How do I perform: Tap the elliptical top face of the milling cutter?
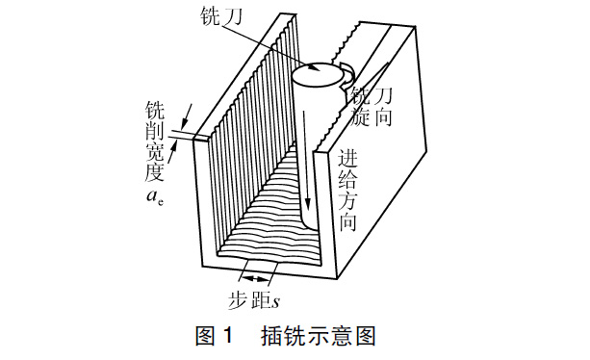[x=317, y=75]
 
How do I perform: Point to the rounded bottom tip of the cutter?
[x=305, y=223]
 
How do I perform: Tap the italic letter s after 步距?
[x=276, y=302]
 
